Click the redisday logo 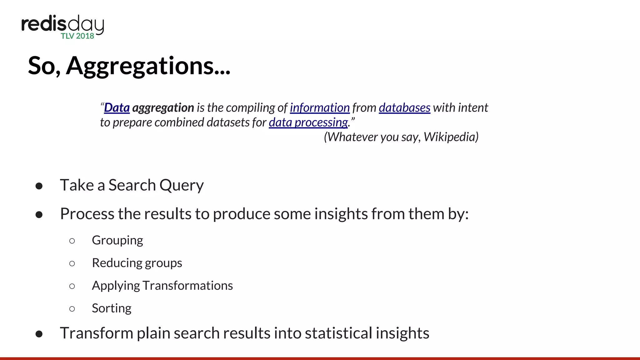(x=62, y=25)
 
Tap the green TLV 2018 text (x=77, y=36)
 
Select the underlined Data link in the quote (x=117, y=108)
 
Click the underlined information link (x=320, y=108)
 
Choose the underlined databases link (x=404, y=108)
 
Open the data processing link (x=308, y=122)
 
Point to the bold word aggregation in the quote (x=163, y=108)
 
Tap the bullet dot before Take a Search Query (x=39, y=186)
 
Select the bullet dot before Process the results (x=39, y=215)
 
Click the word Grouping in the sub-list (x=117, y=240)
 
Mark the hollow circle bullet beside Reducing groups (x=72, y=263)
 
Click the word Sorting (x=112, y=308)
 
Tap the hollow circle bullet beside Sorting (x=72, y=309)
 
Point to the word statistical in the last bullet (x=338, y=333)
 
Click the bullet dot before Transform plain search (x=39, y=334)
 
